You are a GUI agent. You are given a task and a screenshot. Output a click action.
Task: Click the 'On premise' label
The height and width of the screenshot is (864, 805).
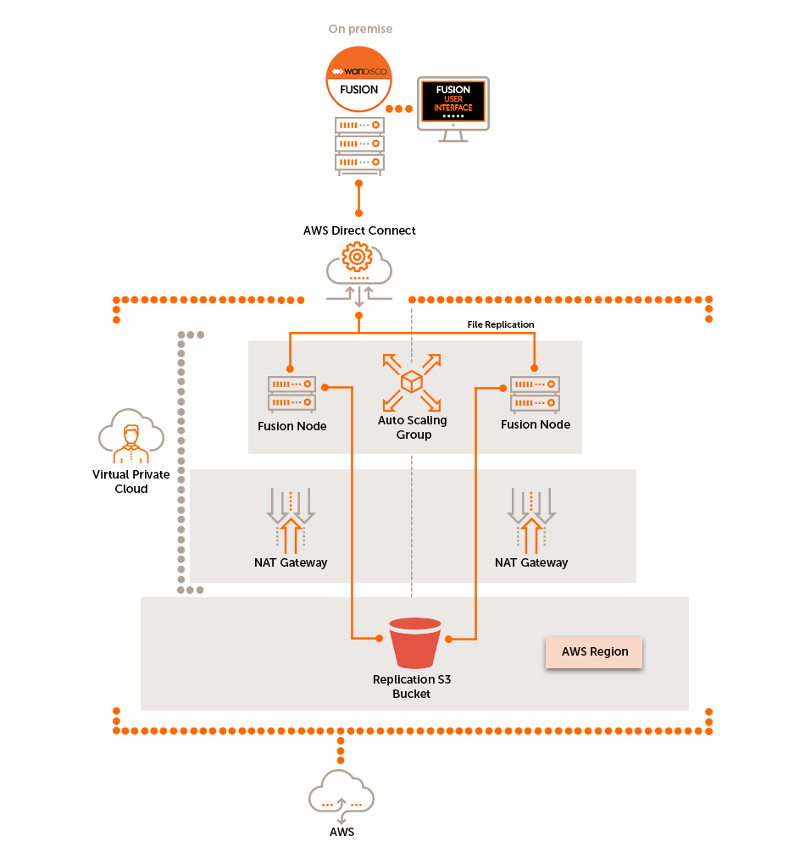coord(360,29)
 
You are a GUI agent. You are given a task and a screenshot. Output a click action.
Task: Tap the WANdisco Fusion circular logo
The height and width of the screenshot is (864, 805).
coord(358,79)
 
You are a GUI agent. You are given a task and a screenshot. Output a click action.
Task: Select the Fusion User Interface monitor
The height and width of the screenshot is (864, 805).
coord(453,105)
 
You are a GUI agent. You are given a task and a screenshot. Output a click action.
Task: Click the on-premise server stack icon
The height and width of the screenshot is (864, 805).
coord(359,144)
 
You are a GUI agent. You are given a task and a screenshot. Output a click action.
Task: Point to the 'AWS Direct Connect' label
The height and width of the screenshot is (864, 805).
coord(359,230)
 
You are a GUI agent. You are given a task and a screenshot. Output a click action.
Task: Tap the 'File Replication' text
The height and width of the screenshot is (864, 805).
coord(501,324)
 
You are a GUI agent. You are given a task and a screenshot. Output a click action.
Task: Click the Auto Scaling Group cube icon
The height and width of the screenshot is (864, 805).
coord(412,382)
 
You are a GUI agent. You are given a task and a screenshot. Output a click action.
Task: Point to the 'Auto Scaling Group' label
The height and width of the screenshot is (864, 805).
coord(413,428)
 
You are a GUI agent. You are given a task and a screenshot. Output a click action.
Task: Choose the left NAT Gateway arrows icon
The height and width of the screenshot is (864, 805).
coord(291,518)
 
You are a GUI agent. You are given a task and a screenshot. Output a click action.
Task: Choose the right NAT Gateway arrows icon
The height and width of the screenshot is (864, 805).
coord(531,518)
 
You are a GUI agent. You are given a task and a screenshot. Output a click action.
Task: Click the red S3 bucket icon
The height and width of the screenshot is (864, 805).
coord(414,643)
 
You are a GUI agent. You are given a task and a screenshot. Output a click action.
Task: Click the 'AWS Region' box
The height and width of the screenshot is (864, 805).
coord(594,652)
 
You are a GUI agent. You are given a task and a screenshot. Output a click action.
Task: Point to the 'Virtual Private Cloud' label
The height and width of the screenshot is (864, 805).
coord(130,482)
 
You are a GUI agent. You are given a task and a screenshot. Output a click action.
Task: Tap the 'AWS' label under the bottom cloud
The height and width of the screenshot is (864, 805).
coord(341,833)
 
